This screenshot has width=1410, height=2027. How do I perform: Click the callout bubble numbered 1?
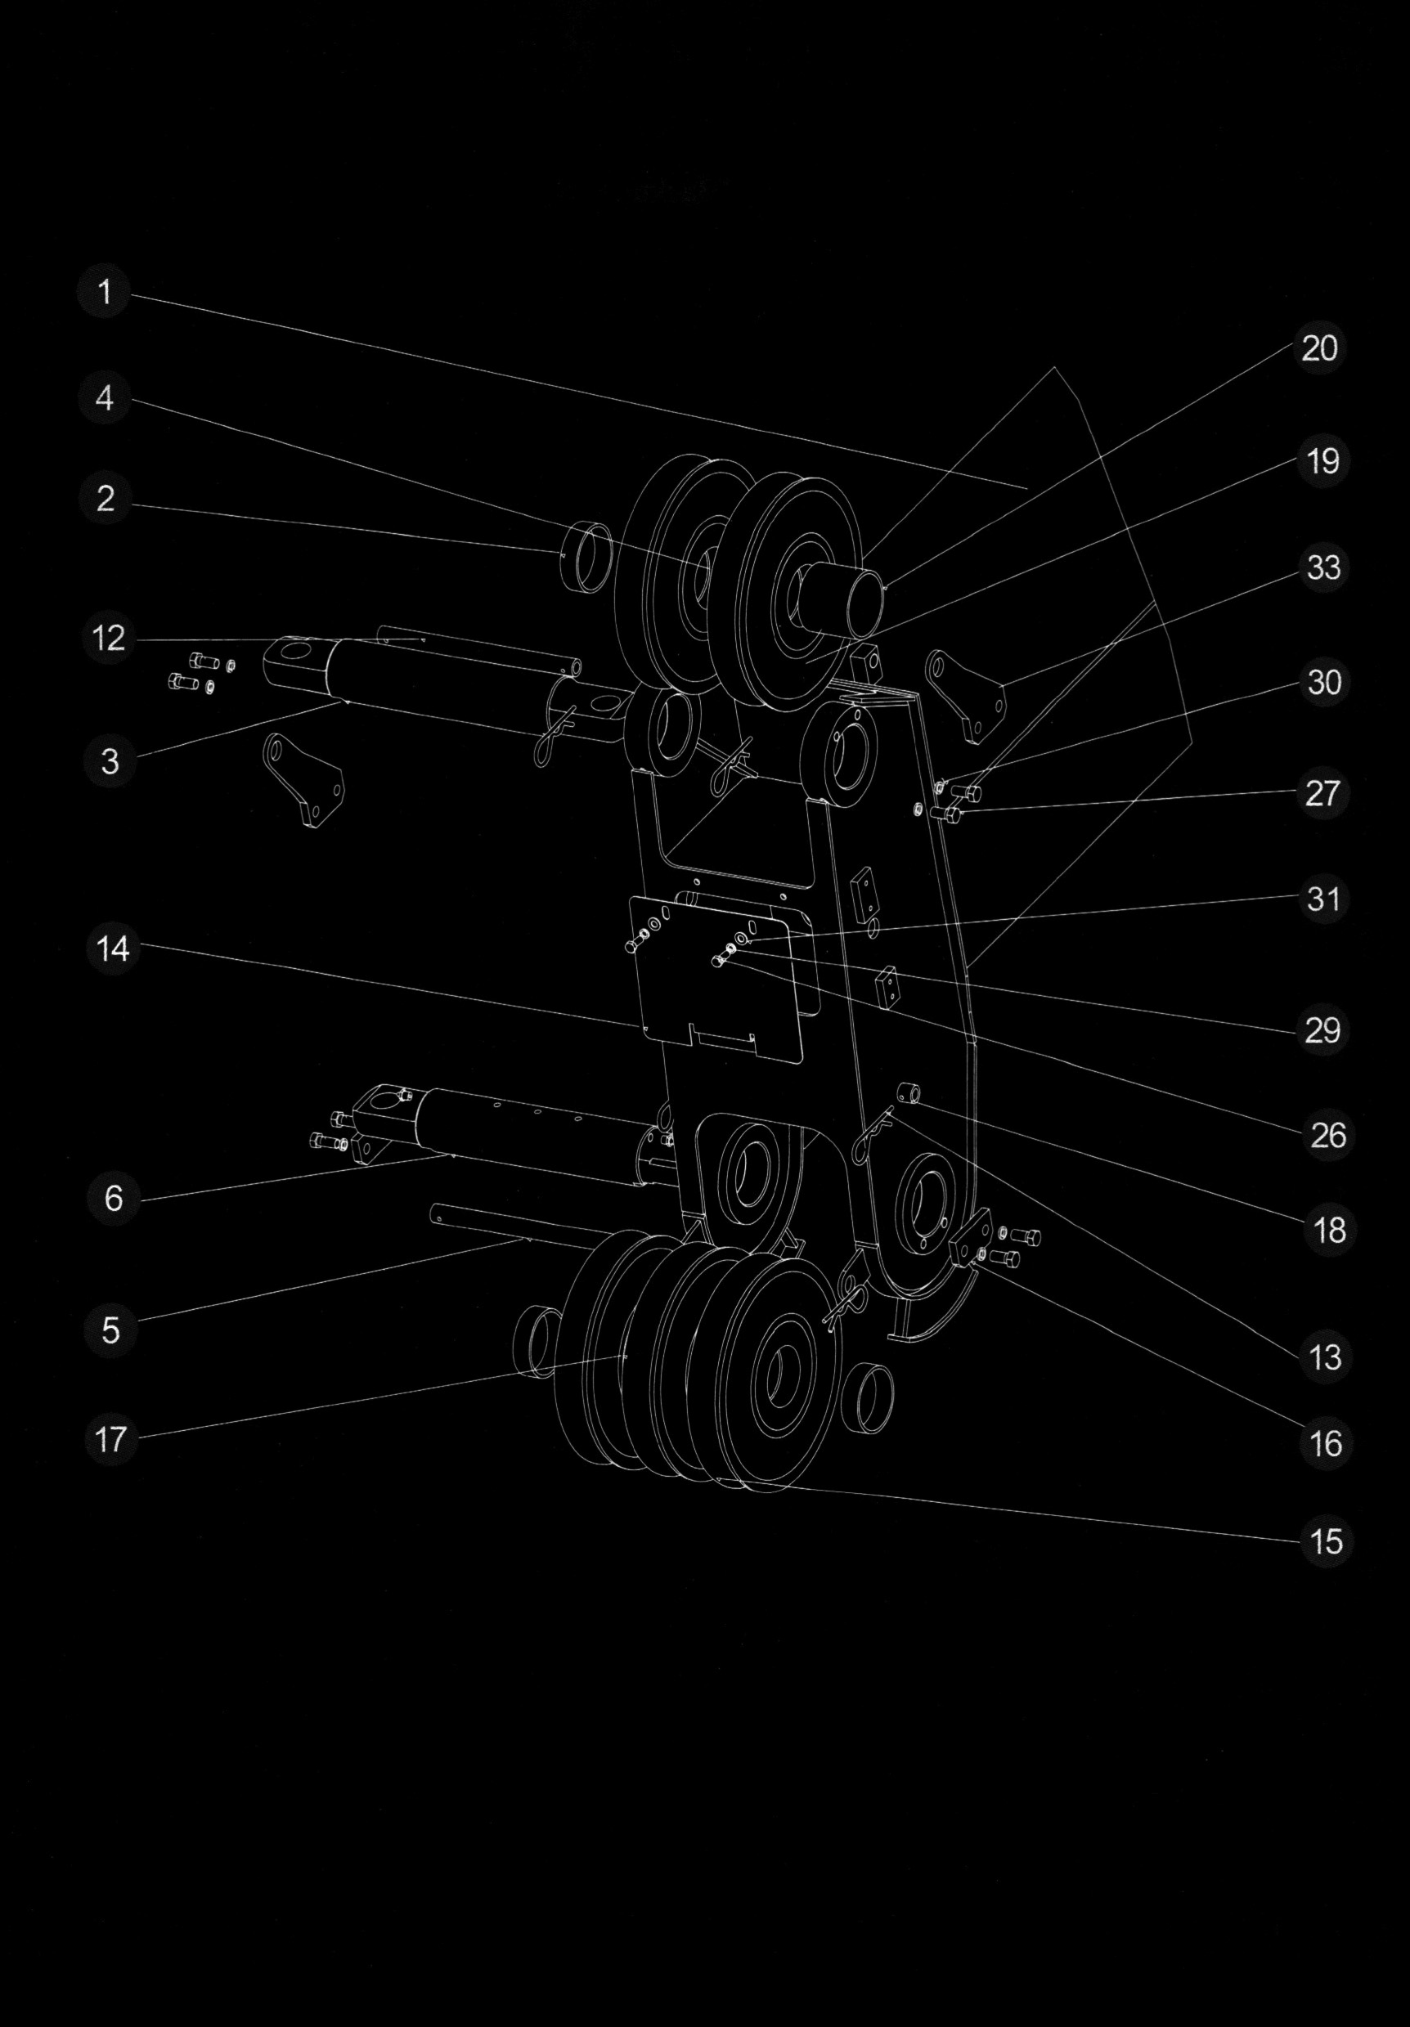coord(105,292)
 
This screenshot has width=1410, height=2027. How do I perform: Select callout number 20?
coord(1319,348)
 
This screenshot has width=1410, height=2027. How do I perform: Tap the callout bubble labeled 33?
coord(1322,567)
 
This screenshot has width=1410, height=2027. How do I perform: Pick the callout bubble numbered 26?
coord(1327,1134)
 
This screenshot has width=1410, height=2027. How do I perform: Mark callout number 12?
coord(109,639)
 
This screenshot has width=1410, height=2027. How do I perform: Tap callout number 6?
coord(113,1198)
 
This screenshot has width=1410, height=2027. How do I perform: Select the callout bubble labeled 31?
coord(1322,899)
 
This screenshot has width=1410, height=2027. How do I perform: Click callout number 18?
coord(1329,1230)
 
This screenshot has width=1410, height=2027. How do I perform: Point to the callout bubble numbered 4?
coord(105,398)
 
